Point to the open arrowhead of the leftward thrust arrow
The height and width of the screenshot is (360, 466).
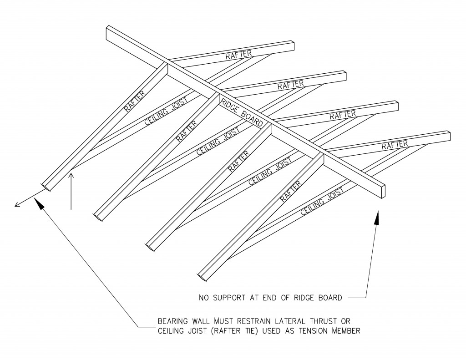pyautogui.click(x=17, y=205)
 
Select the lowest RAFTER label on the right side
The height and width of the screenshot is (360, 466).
pyautogui.click(x=394, y=145)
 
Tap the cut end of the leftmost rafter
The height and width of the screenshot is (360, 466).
pyautogui.click(x=46, y=187)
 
